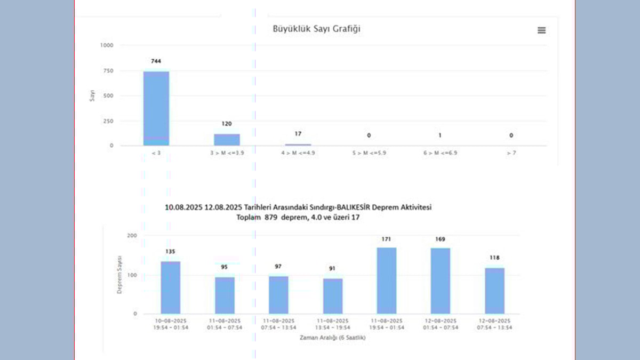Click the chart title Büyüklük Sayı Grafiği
317,29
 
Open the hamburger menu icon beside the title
541,30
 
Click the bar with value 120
227,140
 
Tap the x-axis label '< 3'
156,153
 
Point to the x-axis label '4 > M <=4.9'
298,153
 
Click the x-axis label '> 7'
511,153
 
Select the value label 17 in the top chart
298,134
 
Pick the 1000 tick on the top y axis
107,45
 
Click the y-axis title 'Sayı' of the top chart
92,96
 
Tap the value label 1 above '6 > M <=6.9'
440,135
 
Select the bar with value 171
386,281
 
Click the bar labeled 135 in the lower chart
171,287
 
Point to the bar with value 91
333,296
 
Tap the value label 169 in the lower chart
440,239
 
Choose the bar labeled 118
494,291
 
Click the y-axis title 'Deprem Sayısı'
120,274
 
